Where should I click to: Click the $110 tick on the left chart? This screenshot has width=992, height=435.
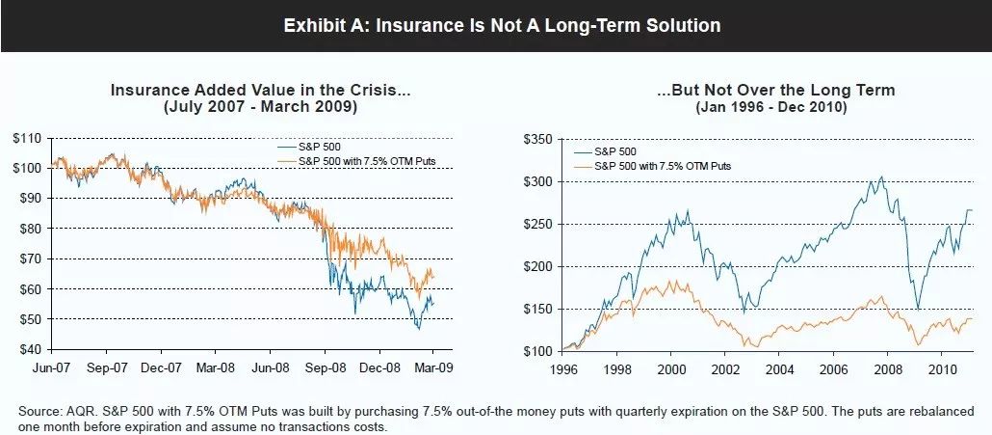click(27, 138)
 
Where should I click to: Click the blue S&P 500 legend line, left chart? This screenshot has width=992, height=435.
click(285, 146)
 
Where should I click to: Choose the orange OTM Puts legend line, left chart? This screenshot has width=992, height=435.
click(285, 158)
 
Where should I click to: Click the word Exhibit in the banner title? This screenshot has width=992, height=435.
click(315, 26)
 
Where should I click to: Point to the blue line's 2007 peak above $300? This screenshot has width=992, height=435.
click(853, 178)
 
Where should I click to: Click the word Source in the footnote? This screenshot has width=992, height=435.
click(38, 412)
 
